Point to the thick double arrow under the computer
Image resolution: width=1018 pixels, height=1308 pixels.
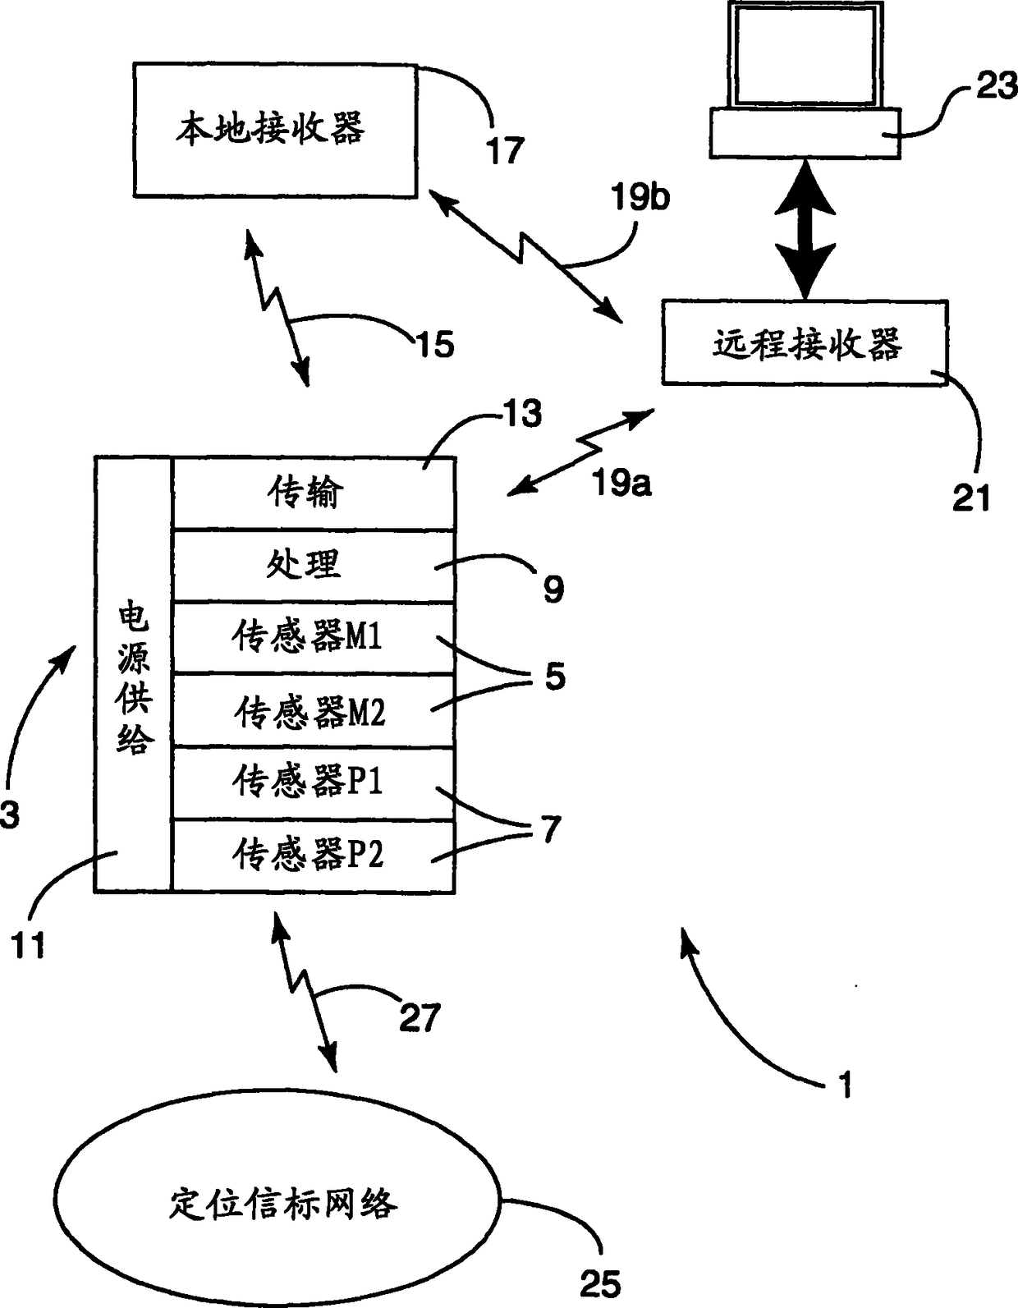[805, 229]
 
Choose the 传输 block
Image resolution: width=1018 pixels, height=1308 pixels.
[314, 493]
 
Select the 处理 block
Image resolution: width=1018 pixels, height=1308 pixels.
[314, 565]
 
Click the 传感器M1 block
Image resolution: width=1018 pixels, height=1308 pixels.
[314, 637]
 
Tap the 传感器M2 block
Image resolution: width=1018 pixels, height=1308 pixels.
[314, 711]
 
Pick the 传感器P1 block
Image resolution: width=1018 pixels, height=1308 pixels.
[314, 783]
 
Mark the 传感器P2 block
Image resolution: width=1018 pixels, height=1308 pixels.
[314, 856]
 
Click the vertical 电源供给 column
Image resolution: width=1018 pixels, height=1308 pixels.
[134, 674]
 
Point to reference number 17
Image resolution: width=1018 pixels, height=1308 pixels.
[506, 150]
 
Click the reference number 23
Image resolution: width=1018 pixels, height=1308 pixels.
[996, 85]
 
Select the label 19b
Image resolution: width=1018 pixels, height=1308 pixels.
[640, 197]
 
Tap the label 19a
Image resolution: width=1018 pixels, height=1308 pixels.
[621, 483]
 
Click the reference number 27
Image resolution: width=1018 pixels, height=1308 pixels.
[420, 1017]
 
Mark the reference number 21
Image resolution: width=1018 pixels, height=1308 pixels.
[971, 498]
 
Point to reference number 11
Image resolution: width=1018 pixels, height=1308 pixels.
[28, 946]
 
